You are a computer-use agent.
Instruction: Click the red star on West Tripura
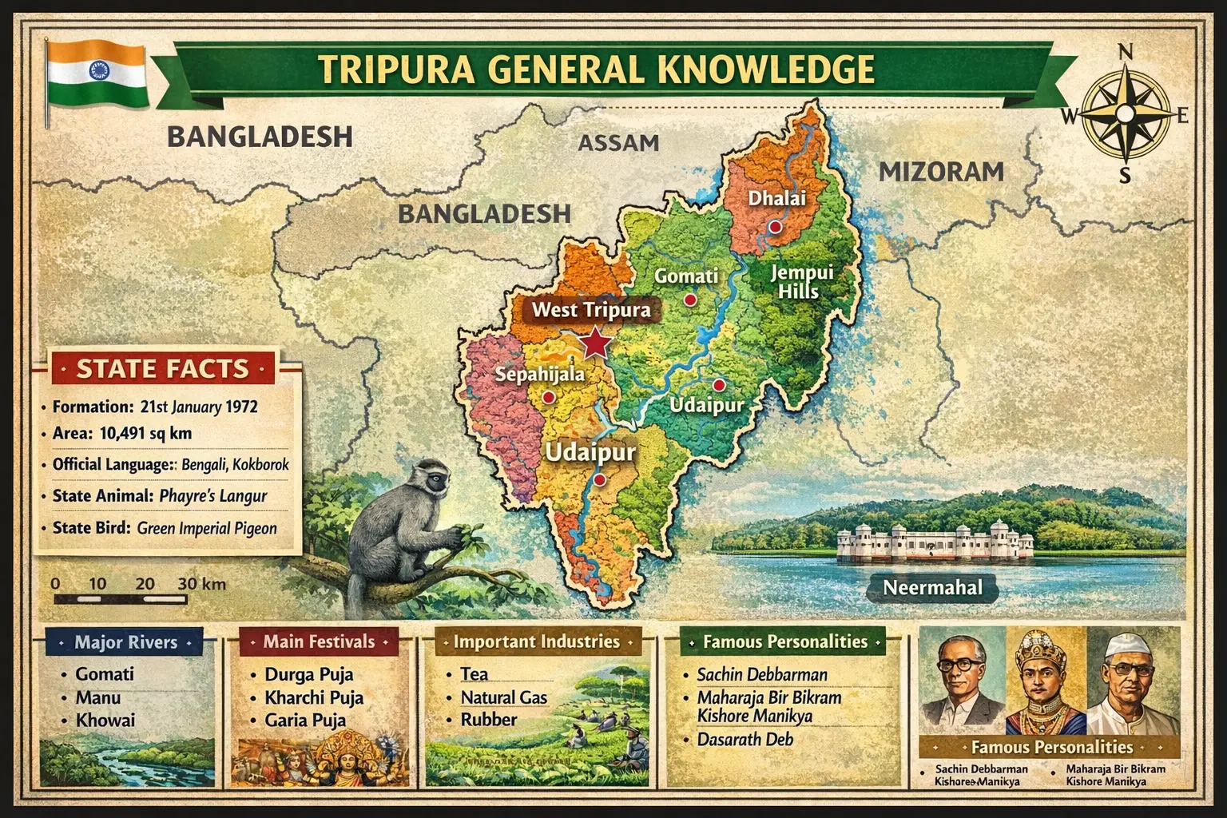click(x=594, y=343)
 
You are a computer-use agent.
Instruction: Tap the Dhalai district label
click(x=776, y=197)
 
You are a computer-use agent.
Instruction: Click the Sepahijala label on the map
click(x=539, y=374)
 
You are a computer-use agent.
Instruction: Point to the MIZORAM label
click(x=941, y=172)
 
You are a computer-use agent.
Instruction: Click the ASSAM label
click(x=618, y=143)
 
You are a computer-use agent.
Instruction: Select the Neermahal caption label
click(x=932, y=588)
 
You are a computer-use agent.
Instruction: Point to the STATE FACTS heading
click(x=162, y=369)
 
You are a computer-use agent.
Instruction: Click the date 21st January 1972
click(x=198, y=407)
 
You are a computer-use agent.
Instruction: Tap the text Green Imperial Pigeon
click(x=207, y=528)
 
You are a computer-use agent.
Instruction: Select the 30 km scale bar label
click(x=201, y=584)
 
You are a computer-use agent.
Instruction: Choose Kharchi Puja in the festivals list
click(x=314, y=697)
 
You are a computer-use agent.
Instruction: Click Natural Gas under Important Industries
click(x=503, y=697)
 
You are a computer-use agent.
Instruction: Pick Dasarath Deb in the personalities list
click(x=745, y=739)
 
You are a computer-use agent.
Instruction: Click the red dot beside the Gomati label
click(x=690, y=300)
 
